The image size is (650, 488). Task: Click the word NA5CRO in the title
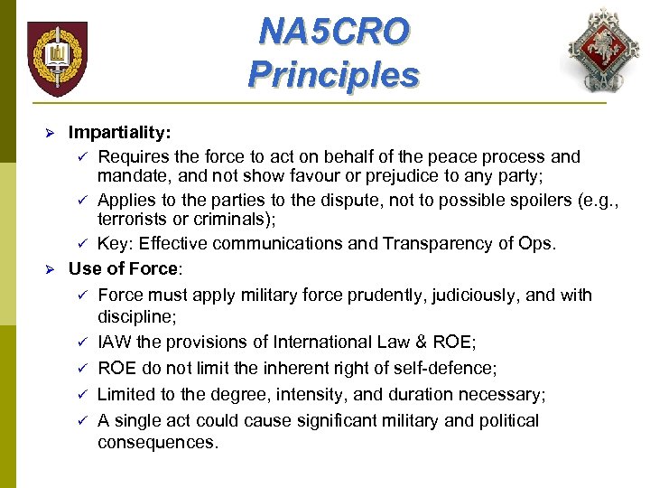(x=333, y=33)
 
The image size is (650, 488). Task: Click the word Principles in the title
(x=333, y=74)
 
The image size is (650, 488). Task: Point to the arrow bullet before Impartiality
(x=51, y=133)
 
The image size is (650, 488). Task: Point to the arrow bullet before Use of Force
(x=51, y=268)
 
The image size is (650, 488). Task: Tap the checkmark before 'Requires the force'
(x=81, y=157)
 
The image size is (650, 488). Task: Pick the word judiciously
(x=471, y=295)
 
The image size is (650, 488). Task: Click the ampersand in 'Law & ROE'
(x=424, y=342)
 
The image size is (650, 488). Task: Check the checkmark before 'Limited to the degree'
(x=81, y=394)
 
